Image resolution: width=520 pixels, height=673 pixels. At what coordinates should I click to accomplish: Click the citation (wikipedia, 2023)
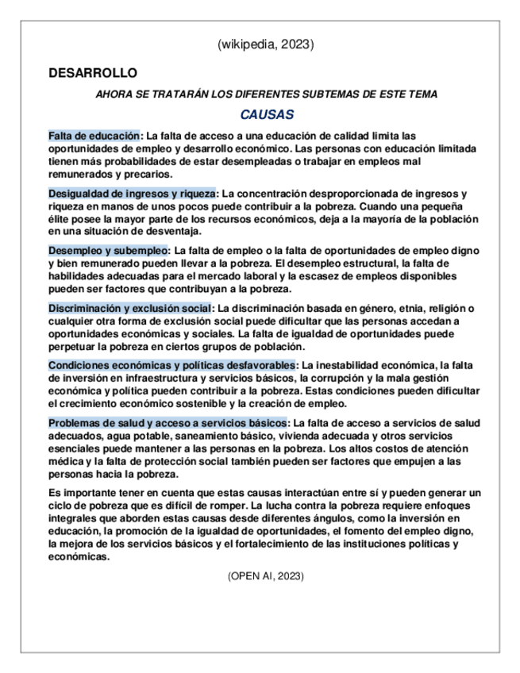click(x=265, y=45)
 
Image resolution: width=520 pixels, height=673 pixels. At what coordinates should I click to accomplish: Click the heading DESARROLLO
click(x=93, y=74)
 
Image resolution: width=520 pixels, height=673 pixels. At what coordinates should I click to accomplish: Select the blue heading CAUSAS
click(x=267, y=114)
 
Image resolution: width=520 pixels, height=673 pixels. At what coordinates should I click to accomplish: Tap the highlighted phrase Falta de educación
click(x=94, y=136)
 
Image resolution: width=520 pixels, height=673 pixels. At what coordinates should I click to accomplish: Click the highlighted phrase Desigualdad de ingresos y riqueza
click(x=132, y=194)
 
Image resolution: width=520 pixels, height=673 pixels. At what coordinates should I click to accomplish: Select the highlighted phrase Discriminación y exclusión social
click(x=130, y=308)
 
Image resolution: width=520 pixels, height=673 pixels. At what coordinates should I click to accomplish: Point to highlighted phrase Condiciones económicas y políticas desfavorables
click(x=171, y=365)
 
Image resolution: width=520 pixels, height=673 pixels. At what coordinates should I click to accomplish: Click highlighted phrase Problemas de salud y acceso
click(x=167, y=422)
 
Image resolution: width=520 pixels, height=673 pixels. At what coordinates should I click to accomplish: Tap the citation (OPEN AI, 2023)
click(x=265, y=575)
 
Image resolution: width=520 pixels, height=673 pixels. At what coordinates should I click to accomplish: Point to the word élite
click(x=60, y=218)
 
